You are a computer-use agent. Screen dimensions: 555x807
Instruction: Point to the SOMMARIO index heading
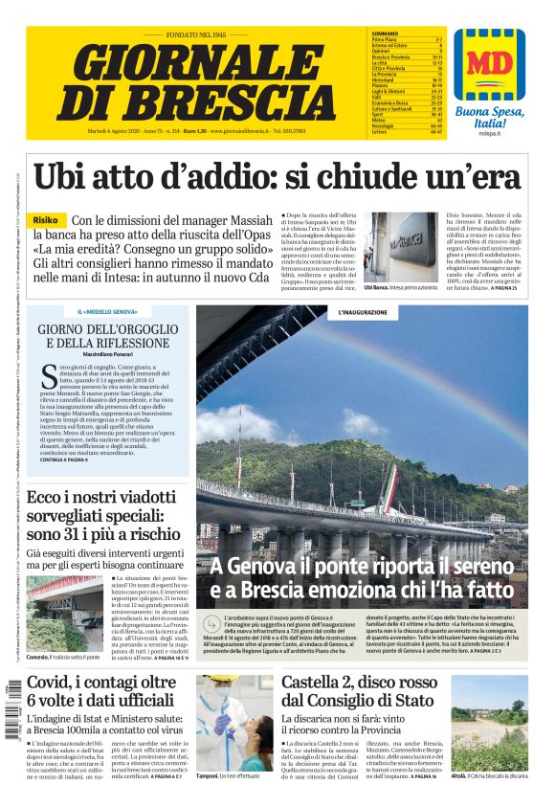click(x=386, y=33)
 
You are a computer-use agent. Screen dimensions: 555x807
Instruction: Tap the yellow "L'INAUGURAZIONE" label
click(x=363, y=313)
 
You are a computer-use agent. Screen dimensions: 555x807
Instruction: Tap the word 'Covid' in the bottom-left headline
click(x=53, y=684)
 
